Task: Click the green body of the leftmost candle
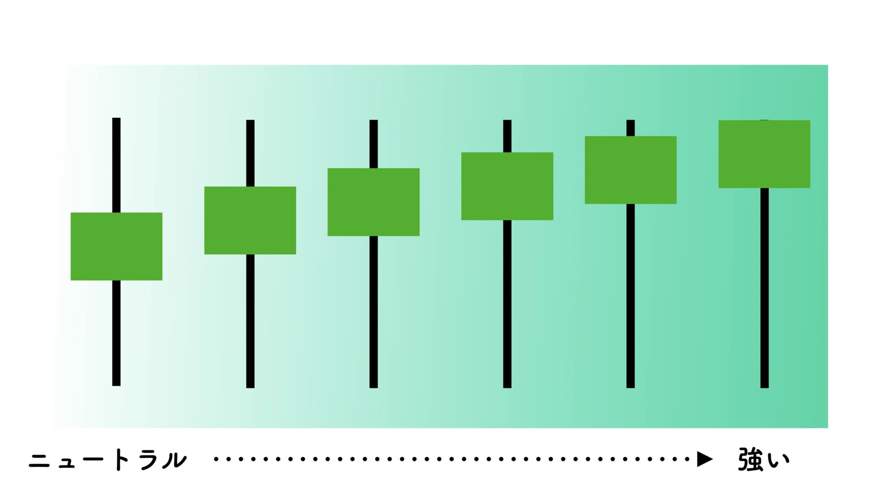pyautogui.click(x=116, y=246)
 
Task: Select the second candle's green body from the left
pyautogui.click(x=250, y=220)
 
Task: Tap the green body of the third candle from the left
pyautogui.click(x=374, y=202)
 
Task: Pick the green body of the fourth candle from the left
pyautogui.click(x=507, y=186)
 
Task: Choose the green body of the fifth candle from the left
pyautogui.click(x=630, y=170)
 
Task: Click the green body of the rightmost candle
pyautogui.click(x=764, y=154)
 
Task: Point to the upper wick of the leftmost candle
pyautogui.click(x=116, y=165)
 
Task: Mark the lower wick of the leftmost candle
pyautogui.click(x=116, y=333)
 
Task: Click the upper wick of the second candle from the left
pyautogui.click(x=250, y=153)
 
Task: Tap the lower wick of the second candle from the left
pyautogui.click(x=250, y=321)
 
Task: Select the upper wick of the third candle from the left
pyautogui.click(x=374, y=144)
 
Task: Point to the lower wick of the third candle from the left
pyautogui.click(x=374, y=312)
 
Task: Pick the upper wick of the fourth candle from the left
pyautogui.click(x=507, y=136)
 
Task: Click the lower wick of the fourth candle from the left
pyautogui.click(x=507, y=304)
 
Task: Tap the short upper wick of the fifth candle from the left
pyautogui.click(x=630, y=128)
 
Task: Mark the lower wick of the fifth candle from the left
pyautogui.click(x=630, y=296)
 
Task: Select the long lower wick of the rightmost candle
pyautogui.click(x=764, y=288)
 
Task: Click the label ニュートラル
pyautogui.click(x=108, y=460)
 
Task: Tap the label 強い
pyautogui.click(x=764, y=460)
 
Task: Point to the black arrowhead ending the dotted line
pyautogui.click(x=704, y=459)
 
